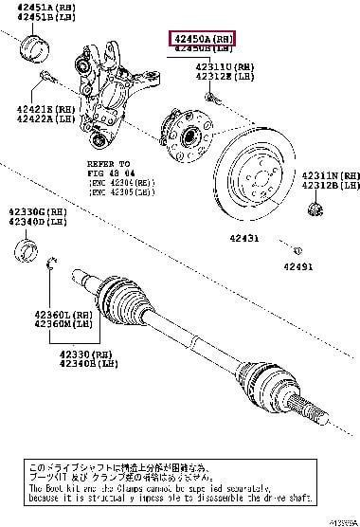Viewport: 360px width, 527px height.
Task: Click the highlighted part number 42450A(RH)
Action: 202,37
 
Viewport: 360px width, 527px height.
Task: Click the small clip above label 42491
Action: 296,251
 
